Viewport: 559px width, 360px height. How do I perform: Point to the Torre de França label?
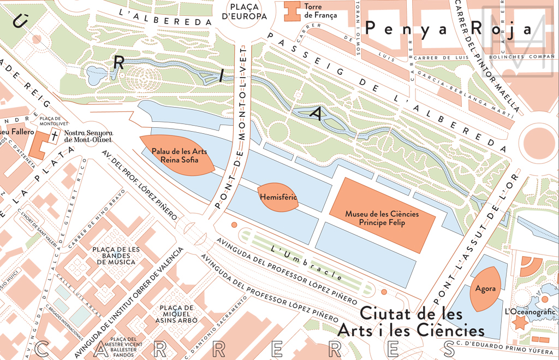(321, 11)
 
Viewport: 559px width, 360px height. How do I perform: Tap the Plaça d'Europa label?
(248, 11)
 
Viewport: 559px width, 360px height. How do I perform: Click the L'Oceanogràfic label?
(530, 311)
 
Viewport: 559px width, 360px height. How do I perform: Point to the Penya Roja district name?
(448, 29)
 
